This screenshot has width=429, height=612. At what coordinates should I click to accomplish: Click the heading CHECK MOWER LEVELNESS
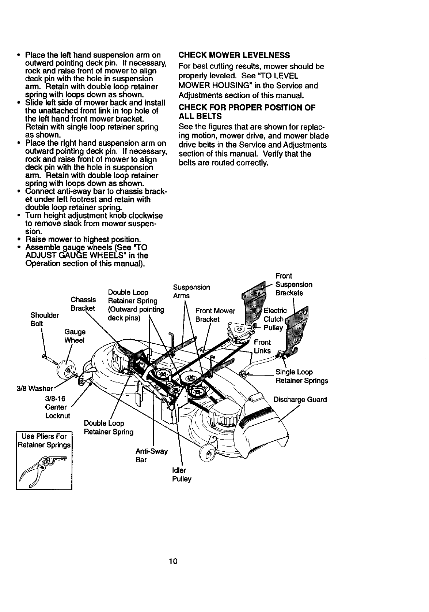pyautogui.click(x=234, y=55)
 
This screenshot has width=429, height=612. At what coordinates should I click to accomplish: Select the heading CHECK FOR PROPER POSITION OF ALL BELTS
pyautogui.click(x=247, y=112)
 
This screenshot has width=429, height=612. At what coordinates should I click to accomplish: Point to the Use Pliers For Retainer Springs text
pyautogui.click(x=44, y=441)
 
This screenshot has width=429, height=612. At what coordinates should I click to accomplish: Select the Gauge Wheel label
pyautogui.click(x=75, y=336)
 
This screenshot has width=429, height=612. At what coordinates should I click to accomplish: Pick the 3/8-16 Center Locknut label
pyautogui.click(x=56, y=407)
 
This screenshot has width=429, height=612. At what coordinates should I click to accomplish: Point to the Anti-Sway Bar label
pyautogui.click(x=151, y=455)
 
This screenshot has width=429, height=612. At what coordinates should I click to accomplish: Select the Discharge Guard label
pyautogui.click(x=300, y=400)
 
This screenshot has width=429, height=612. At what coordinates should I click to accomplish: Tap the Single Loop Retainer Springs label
pyautogui.click(x=301, y=376)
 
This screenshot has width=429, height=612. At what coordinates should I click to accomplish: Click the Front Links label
pyautogui.click(x=262, y=346)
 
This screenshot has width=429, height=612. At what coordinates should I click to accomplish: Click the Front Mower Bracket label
pyautogui.click(x=215, y=315)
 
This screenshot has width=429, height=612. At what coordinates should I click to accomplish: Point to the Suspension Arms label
pyautogui.click(x=191, y=291)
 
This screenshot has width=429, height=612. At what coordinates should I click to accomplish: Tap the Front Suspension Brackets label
pyautogui.click(x=293, y=284)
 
